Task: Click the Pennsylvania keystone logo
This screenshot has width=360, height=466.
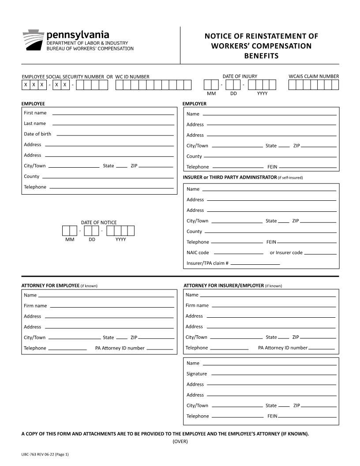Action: tap(33, 40)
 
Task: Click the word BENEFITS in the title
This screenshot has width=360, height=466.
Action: tap(261, 56)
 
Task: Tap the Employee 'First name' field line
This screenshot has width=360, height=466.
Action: tap(113, 114)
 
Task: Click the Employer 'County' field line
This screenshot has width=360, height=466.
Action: tap(270, 157)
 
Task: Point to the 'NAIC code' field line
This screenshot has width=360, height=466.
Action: tap(238, 254)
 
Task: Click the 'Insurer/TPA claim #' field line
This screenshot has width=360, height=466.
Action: tap(255, 264)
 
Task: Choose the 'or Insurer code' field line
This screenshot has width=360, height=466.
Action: tap(320, 254)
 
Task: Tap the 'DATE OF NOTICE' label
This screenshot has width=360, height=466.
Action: tap(99, 222)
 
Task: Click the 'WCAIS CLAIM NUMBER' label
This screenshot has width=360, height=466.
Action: tap(314, 76)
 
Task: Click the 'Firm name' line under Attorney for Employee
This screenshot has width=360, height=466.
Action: tap(112, 306)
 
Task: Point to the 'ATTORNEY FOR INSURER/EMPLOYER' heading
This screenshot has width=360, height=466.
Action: tap(224, 286)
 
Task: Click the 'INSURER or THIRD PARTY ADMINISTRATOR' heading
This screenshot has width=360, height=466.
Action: tap(229, 177)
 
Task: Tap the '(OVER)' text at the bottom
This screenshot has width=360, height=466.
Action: tap(180, 441)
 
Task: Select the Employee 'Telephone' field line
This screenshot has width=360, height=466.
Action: tap(112, 188)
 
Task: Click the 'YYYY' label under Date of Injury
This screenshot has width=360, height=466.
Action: tap(262, 94)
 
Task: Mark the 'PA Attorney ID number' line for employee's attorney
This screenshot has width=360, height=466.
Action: tap(160, 349)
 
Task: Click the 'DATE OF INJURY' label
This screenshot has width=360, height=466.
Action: tap(240, 76)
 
